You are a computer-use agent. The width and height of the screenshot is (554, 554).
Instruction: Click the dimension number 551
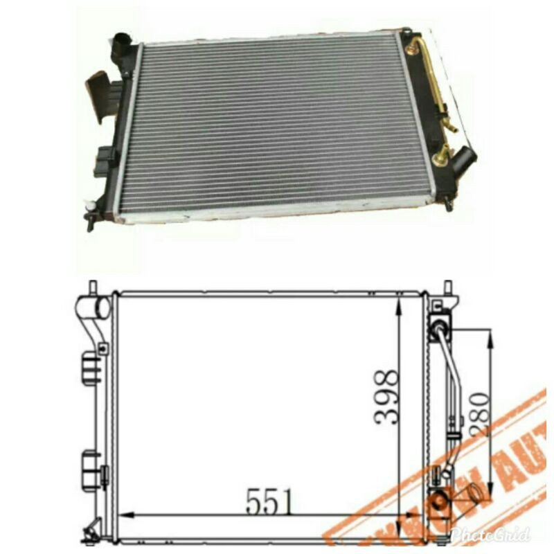(269, 501)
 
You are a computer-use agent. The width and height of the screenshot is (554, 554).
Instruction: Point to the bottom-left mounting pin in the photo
(89, 221)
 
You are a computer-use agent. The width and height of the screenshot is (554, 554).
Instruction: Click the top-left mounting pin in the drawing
(92, 287)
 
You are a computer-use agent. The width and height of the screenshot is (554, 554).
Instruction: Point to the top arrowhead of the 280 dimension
(490, 337)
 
